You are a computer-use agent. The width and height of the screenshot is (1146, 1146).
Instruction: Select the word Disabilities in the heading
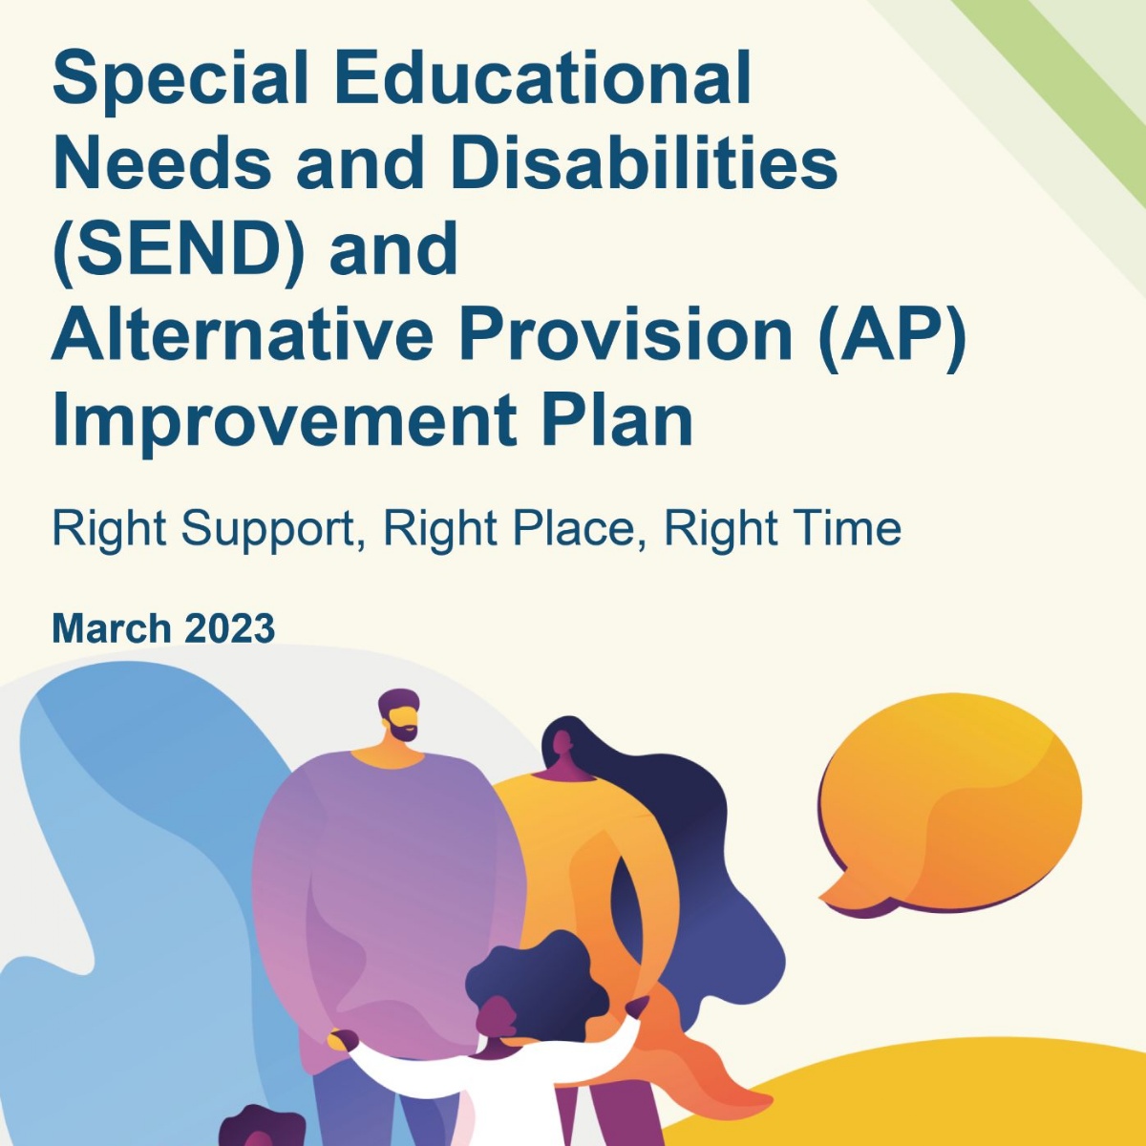(645, 160)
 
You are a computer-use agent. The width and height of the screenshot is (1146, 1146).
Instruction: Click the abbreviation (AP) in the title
(891, 336)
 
